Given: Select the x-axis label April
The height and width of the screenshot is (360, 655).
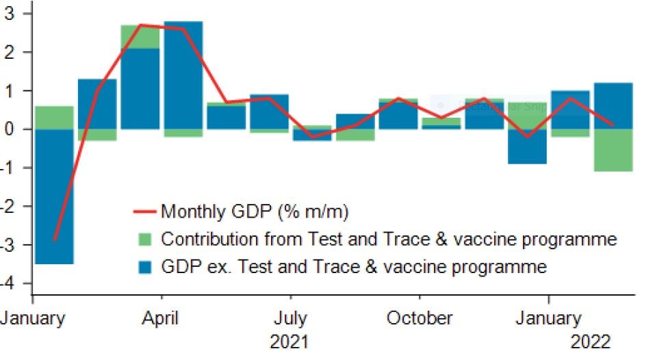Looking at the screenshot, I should click(162, 318).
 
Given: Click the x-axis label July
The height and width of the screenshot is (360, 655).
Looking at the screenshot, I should click(290, 318).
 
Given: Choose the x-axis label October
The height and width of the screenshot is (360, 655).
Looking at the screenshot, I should click(419, 318).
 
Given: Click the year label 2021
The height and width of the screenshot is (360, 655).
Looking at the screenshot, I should click(290, 341).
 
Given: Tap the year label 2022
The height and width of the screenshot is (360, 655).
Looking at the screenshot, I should click(589, 341).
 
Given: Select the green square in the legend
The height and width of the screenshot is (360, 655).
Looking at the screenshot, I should click(146, 240).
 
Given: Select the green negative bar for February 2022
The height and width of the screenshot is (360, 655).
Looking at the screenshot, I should click(613, 150).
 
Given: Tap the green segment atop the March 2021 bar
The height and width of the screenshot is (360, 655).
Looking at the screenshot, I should click(140, 36).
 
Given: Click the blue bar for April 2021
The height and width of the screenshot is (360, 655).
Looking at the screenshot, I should click(183, 75).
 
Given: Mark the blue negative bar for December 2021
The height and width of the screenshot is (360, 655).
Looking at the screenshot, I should click(526, 146).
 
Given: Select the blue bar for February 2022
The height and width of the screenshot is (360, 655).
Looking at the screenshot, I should click(613, 105).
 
